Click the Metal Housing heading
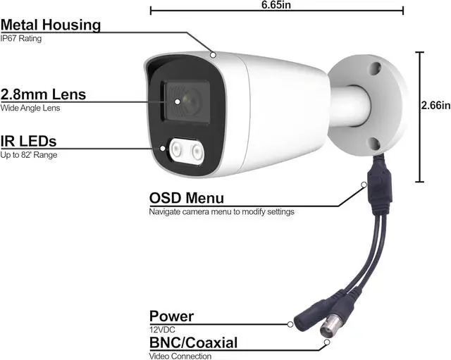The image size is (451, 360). [x=51, y=25]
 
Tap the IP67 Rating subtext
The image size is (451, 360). [x=22, y=39]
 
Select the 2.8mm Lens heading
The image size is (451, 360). [x=44, y=94]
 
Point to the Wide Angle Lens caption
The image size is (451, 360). [x=30, y=108]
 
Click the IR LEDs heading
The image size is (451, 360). [x=29, y=141]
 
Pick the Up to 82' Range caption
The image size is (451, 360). [x=29, y=154]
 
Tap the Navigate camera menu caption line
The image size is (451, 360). [x=221, y=211]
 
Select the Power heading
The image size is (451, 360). [x=171, y=316]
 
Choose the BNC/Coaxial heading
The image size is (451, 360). [x=193, y=343]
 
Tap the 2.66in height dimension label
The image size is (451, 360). [x=434, y=106]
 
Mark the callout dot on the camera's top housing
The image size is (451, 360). [x=212, y=54]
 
